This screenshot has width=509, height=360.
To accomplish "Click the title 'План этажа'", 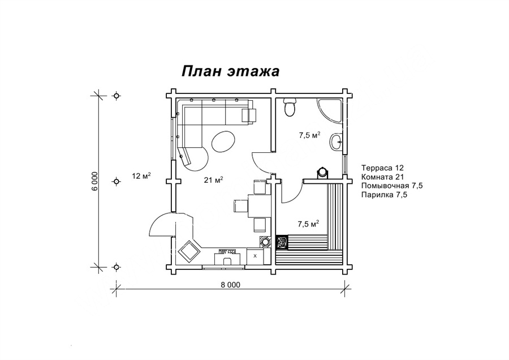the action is pos(230,71).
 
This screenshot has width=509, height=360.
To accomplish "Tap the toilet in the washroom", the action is pos(289,107).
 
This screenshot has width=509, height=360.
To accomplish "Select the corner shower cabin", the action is pos(330,111).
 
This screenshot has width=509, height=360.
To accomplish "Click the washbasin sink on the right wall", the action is pos(337,142).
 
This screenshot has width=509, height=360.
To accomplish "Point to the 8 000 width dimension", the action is pos(231,285).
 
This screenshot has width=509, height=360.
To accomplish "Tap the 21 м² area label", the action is pos(213,179).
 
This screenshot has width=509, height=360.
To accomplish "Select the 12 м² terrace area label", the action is pos(141,176).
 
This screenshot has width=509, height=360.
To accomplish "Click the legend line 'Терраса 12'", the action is pos(382,168).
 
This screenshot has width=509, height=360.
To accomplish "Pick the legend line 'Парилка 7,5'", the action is pos(384,195).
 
